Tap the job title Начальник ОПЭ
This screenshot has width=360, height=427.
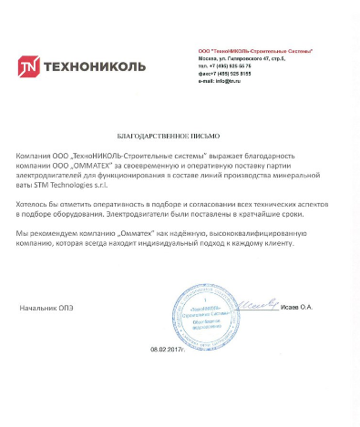click(46, 308)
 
